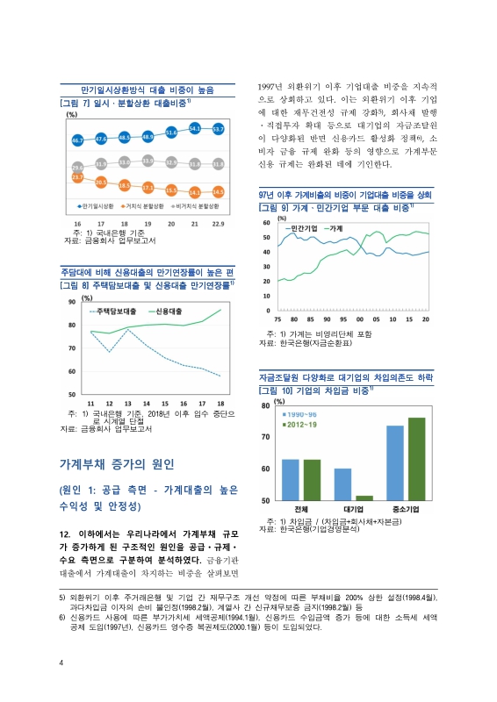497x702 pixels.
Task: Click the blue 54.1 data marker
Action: (x=194, y=129)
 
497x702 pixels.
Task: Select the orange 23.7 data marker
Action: (x=77, y=177)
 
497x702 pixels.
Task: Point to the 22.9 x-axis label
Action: (x=217, y=224)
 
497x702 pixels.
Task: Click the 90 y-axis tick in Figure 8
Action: (x=71, y=302)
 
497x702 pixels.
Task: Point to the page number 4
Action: (x=60, y=662)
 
